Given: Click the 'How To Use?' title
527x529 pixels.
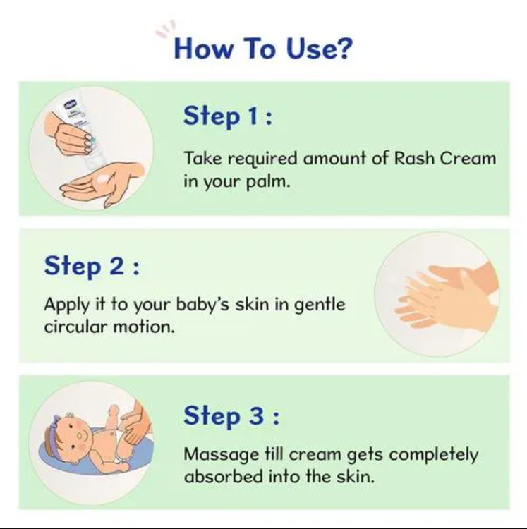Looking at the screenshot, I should tap(262, 49).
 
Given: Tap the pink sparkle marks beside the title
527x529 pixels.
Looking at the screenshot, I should tap(164, 29).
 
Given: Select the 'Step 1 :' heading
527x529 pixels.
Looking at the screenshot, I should tap(228, 116).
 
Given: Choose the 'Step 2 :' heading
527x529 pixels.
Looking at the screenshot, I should tap(92, 266).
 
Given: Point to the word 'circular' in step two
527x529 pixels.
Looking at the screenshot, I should tap(76, 328).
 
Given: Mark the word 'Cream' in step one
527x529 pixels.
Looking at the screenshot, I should tap(468, 158).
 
